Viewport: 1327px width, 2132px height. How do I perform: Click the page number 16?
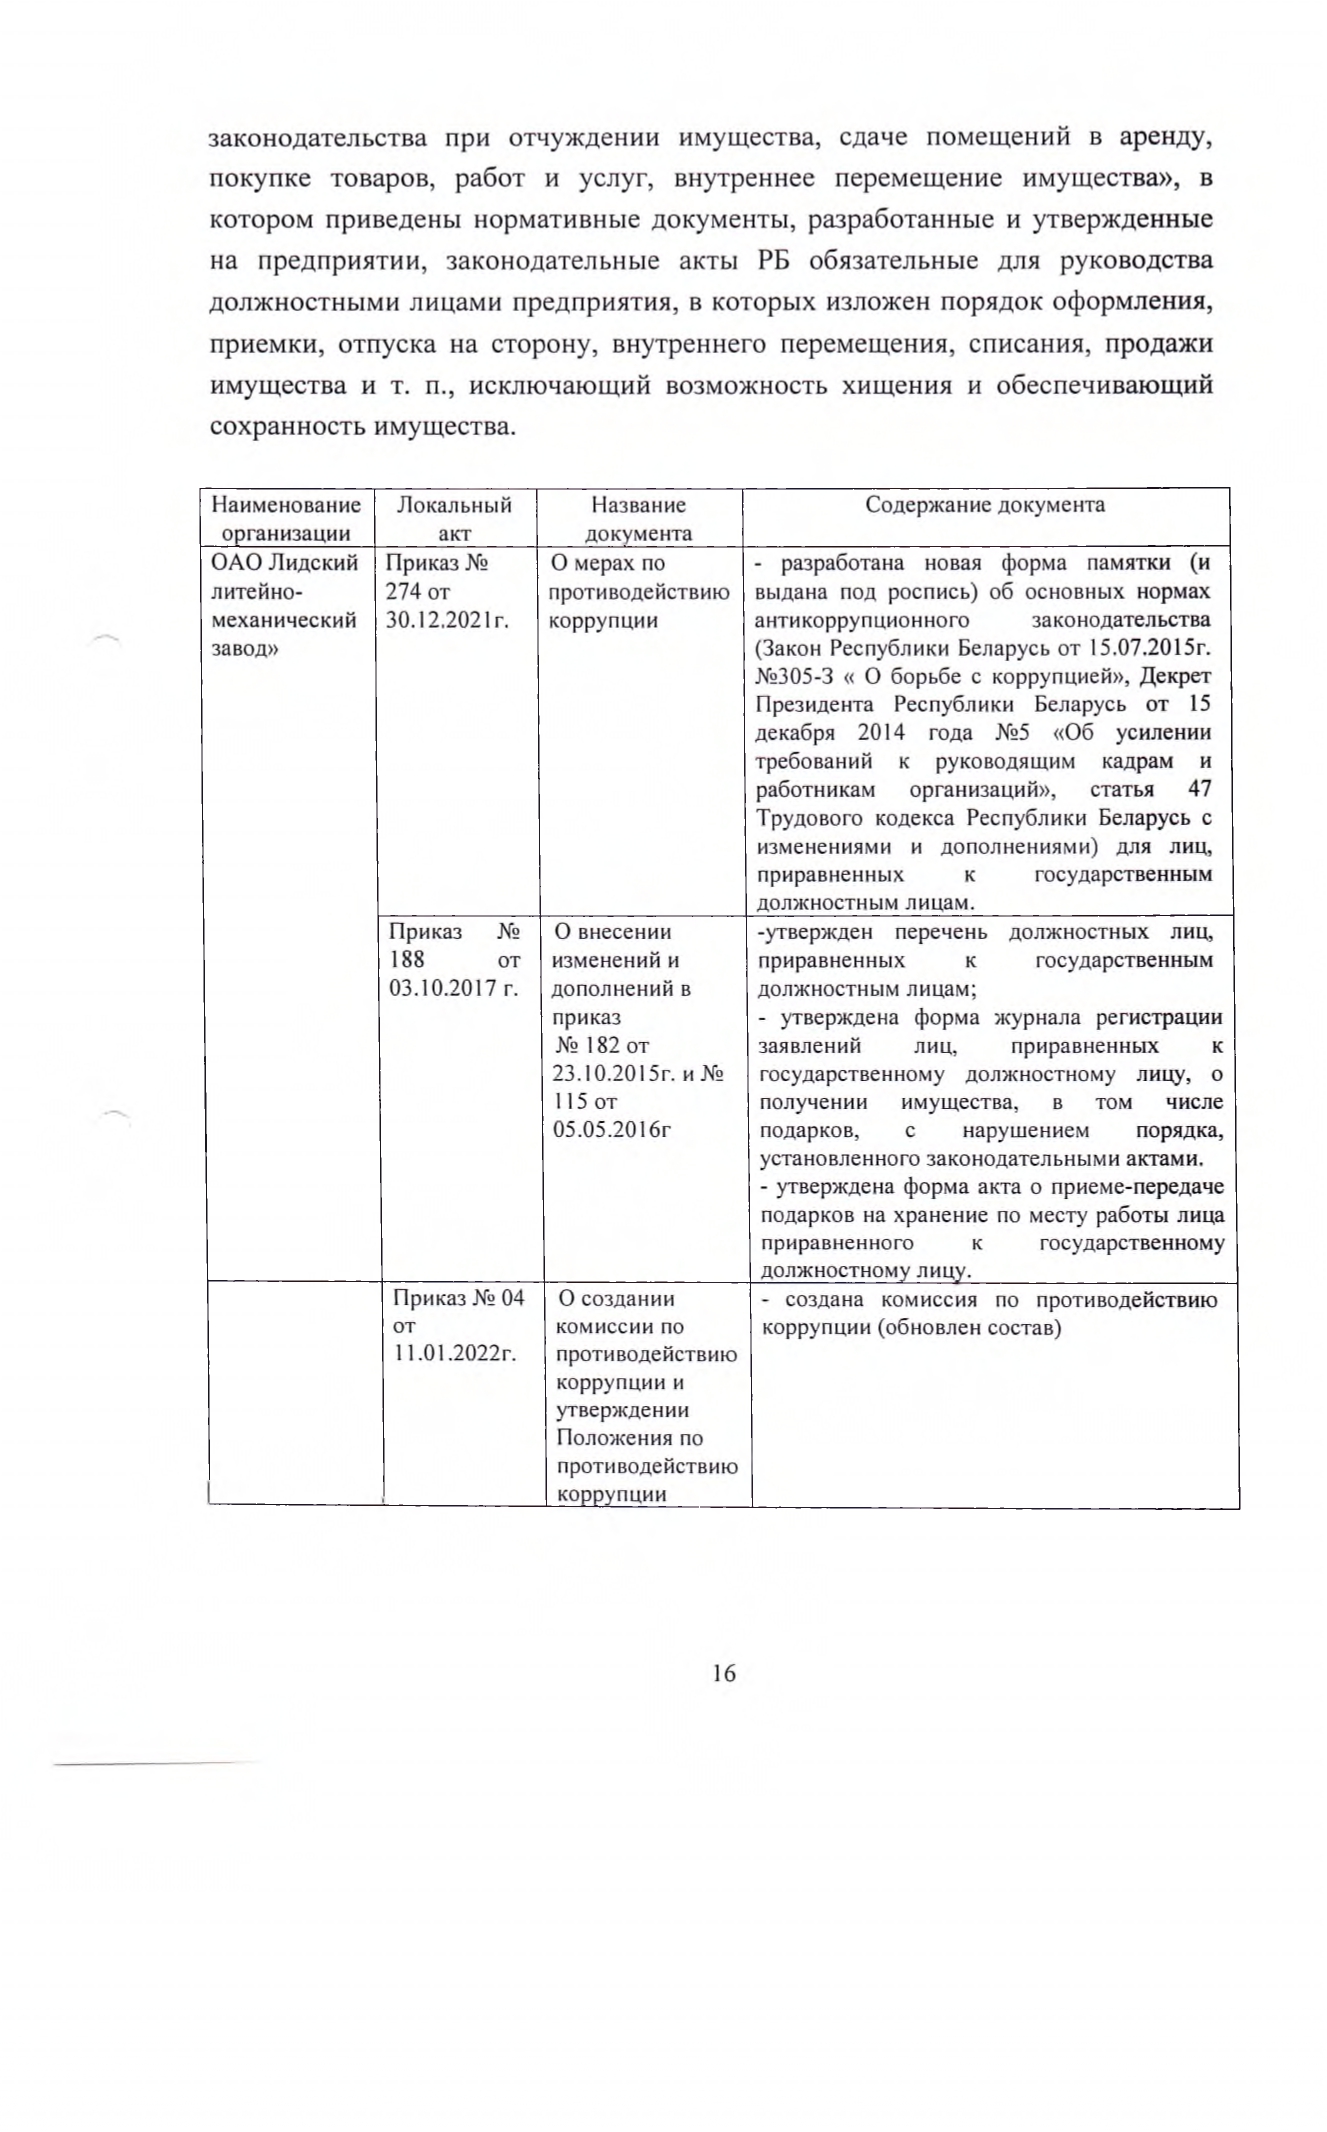[724, 1672]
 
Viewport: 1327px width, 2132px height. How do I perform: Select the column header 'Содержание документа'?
[985, 504]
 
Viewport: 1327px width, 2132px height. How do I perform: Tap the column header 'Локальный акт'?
[455, 518]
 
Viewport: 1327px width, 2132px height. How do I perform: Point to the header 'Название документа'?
[638, 518]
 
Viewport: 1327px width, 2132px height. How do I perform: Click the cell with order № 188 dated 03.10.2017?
[455, 960]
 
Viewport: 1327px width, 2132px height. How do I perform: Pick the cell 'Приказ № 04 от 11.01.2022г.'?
[458, 1326]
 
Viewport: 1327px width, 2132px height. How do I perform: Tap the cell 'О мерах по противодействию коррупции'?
[638, 591]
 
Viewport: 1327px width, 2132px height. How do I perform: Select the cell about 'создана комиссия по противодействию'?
[990, 1314]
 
